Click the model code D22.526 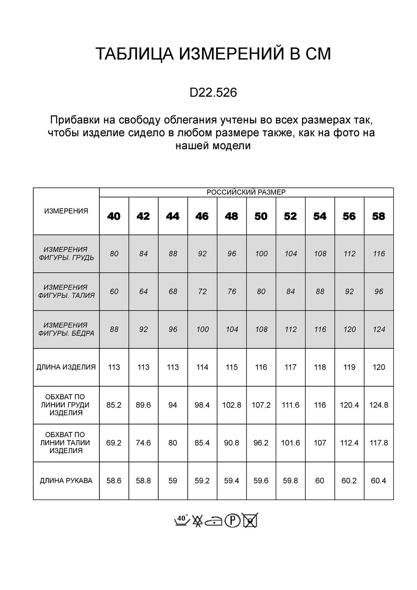pos(213,93)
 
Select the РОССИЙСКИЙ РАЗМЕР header pos(246,192)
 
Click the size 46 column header pos(202,216)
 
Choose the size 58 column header pos(378,216)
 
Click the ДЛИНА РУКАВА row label pos(66,481)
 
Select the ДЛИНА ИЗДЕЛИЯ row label pos(66,367)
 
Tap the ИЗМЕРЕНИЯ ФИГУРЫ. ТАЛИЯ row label pos(66,291)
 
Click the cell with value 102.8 pos(231,405)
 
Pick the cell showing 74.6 pos(143,443)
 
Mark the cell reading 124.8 pos(378,405)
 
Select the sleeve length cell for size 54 pos(320,481)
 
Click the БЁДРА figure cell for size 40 pos(114,329)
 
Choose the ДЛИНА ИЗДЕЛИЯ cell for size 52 pos(290,367)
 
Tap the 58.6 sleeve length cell pos(114,481)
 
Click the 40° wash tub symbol pos(181,520)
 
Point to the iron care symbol pos(214,521)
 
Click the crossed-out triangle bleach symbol pos(198,521)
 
